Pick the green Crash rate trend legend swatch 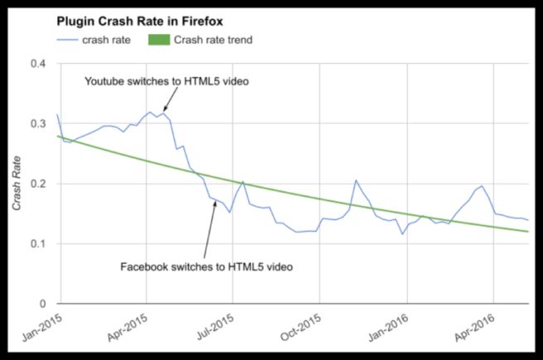pos(158,39)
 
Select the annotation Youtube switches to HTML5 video pos(167,81)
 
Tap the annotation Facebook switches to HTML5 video pos(206,266)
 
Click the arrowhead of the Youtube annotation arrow pos(164,109)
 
